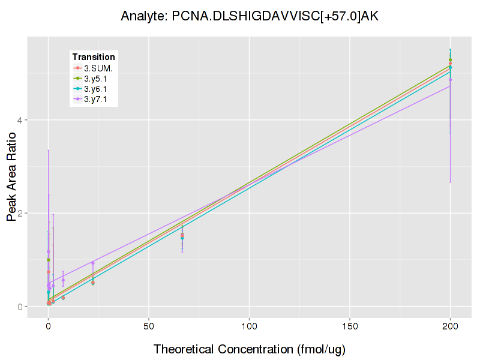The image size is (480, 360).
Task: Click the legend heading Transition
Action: point(94,56)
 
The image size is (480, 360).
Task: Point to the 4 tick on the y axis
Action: point(20,120)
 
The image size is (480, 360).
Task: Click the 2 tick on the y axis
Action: point(20,214)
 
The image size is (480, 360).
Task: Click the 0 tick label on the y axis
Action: point(20,307)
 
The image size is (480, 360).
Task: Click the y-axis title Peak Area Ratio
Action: point(11,177)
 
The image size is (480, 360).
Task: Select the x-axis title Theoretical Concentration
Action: point(249,349)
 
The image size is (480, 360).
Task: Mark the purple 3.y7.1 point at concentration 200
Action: point(450,79)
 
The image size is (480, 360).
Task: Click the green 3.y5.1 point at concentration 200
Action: point(450,60)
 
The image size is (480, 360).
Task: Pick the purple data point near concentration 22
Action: point(93,263)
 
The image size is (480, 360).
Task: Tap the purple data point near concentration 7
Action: point(63,280)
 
